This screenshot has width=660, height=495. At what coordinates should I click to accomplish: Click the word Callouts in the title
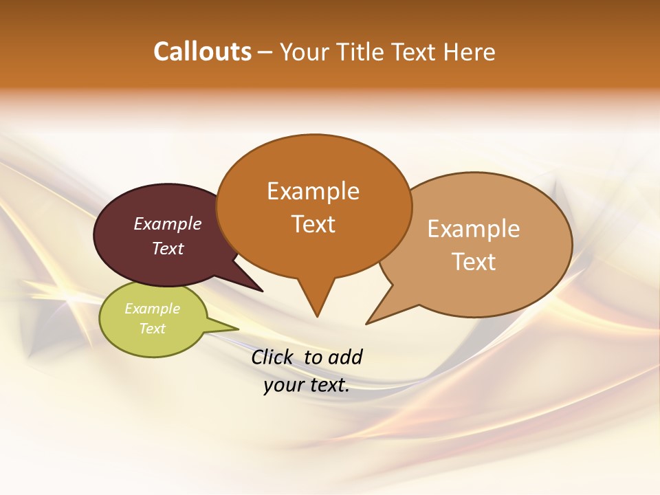click(202, 52)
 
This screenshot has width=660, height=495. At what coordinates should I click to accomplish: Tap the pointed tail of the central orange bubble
click(316, 302)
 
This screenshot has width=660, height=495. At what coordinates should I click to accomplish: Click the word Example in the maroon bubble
click(167, 223)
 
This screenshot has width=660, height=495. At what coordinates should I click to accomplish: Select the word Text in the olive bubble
click(152, 329)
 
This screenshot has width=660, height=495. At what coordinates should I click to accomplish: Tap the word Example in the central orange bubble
click(313, 191)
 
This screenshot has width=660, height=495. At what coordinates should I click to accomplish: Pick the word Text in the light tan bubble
click(474, 262)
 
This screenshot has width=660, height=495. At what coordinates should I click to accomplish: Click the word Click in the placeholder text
click(273, 357)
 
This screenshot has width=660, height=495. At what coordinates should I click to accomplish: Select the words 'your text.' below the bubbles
click(307, 385)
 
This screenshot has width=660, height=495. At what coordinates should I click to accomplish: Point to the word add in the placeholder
click(344, 357)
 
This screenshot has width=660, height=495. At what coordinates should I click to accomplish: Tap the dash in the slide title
click(265, 52)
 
